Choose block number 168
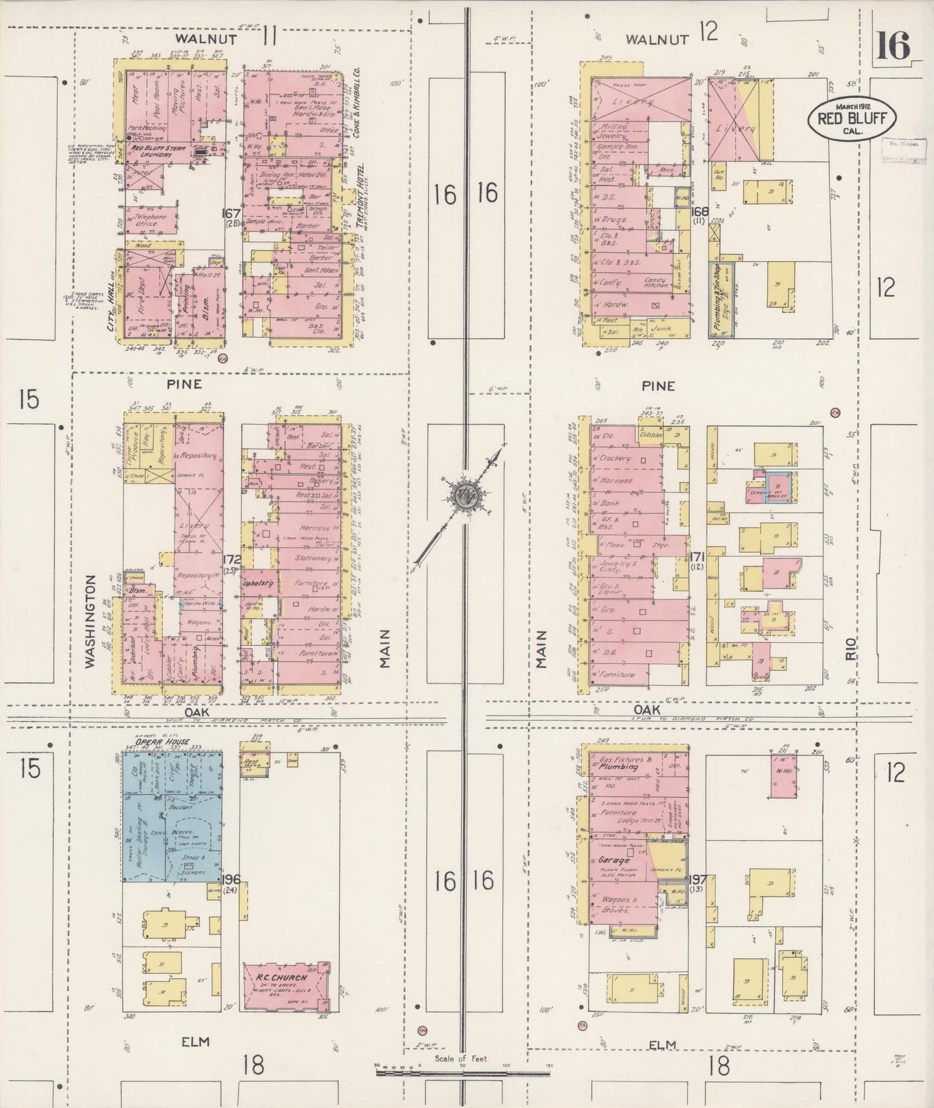click(699, 211)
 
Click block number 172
click(231, 559)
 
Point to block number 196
click(231, 879)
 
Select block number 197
click(698, 879)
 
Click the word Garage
click(614, 860)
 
